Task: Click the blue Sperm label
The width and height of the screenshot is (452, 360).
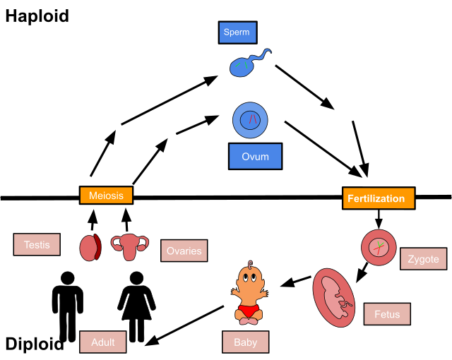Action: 237,32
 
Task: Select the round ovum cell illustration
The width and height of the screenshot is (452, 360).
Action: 250,120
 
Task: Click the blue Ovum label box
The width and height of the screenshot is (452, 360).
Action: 255,156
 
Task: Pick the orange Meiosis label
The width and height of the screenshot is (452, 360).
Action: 106,196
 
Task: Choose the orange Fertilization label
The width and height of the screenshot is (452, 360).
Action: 379,198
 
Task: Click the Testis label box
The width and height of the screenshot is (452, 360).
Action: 37,244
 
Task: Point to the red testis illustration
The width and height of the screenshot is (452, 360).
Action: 90,248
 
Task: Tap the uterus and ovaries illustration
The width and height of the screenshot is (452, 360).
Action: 129,246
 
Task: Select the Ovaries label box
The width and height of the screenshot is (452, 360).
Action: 184,251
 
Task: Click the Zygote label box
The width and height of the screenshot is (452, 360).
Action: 424,259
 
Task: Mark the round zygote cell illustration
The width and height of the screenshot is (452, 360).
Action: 379,247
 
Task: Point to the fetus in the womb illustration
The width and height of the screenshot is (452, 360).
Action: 333,297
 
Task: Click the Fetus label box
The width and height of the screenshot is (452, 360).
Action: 387,314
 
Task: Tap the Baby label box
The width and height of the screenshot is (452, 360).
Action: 245,342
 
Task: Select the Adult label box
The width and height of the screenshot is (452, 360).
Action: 102,342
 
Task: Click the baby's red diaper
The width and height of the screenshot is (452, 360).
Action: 248,311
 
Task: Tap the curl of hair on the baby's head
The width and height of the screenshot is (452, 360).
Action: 250,264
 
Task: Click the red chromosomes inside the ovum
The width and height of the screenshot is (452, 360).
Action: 251,119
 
